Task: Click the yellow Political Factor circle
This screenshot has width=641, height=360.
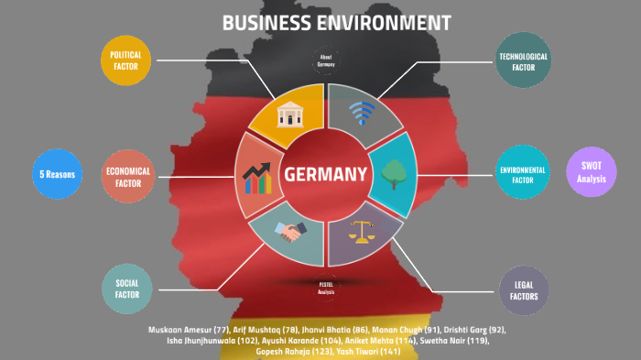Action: pos(126,60)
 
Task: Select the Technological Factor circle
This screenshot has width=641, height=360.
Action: pos(523,60)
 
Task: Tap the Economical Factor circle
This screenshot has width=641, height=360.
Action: pos(127,176)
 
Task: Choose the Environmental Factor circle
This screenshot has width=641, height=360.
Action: pos(523,176)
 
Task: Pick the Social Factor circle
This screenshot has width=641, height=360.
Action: pos(126,289)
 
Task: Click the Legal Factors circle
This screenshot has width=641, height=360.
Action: pos(523,290)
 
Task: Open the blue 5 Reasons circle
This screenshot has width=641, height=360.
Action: pos(56,174)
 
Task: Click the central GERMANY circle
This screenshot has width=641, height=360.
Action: pos(326,174)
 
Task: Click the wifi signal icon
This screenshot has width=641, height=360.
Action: pos(363,114)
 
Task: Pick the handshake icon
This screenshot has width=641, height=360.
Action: pos(291,234)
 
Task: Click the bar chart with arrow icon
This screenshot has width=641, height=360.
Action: pos(257,176)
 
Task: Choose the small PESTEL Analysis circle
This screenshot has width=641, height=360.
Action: pos(326,287)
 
